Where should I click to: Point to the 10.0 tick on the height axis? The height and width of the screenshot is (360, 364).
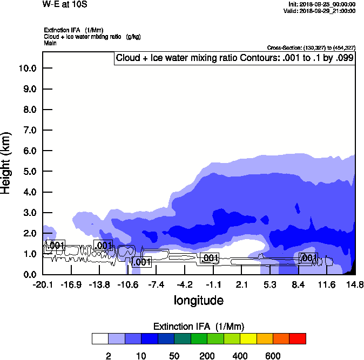[x=27, y=69]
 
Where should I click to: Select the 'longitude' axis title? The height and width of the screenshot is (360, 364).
[x=199, y=300]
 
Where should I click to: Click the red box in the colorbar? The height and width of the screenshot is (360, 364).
[x=298, y=338]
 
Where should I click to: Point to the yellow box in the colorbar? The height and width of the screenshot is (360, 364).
[x=248, y=338]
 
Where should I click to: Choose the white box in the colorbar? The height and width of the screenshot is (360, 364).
[x=100, y=338]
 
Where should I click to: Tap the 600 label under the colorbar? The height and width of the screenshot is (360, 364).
[x=273, y=356]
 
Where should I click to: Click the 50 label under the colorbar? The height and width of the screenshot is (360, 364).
[x=174, y=356]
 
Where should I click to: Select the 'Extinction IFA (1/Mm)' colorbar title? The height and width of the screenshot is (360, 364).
[x=199, y=326]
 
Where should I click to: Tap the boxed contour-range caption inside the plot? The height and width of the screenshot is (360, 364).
[x=235, y=58]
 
